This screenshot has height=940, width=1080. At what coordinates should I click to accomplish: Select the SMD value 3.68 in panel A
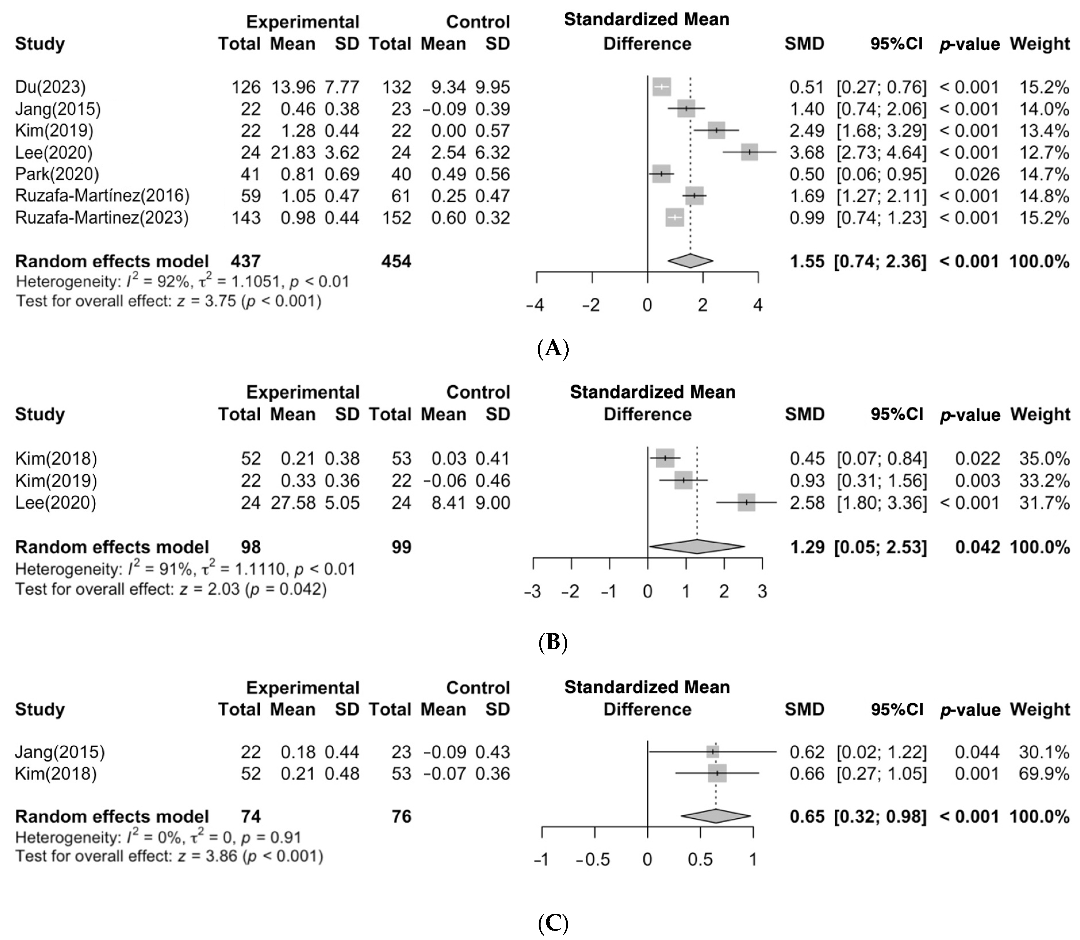pyautogui.click(x=807, y=153)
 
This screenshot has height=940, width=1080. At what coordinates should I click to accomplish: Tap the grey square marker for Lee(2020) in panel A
pyautogui.click(x=749, y=152)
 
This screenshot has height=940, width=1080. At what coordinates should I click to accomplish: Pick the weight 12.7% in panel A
pyautogui.click(x=1044, y=153)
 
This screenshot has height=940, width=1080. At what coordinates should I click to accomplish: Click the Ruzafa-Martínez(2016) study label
pyautogui.click(x=102, y=196)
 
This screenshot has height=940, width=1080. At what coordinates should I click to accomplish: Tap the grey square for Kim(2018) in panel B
pyautogui.click(x=665, y=458)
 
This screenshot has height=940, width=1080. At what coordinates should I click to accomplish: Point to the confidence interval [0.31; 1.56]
pyautogui.click(x=882, y=481)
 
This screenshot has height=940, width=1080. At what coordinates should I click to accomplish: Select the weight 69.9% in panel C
pyautogui.click(x=1044, y=774)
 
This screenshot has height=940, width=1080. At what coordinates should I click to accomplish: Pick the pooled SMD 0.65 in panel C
pyautogui.click(x=807, y=817)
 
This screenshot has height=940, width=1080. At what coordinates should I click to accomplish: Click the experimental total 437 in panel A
pyautogui.click(x=246, y=261)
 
